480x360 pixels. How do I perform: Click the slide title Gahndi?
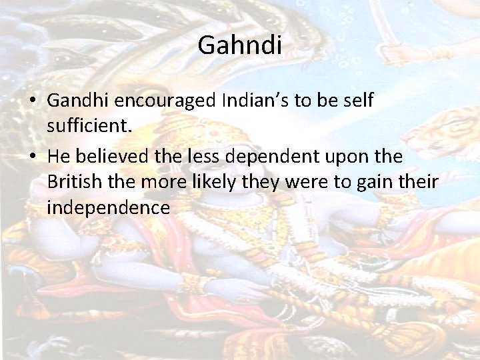240,46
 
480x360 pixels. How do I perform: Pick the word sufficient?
89,126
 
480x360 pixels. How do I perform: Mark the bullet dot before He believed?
33,157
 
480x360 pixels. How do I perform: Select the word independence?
109,207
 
